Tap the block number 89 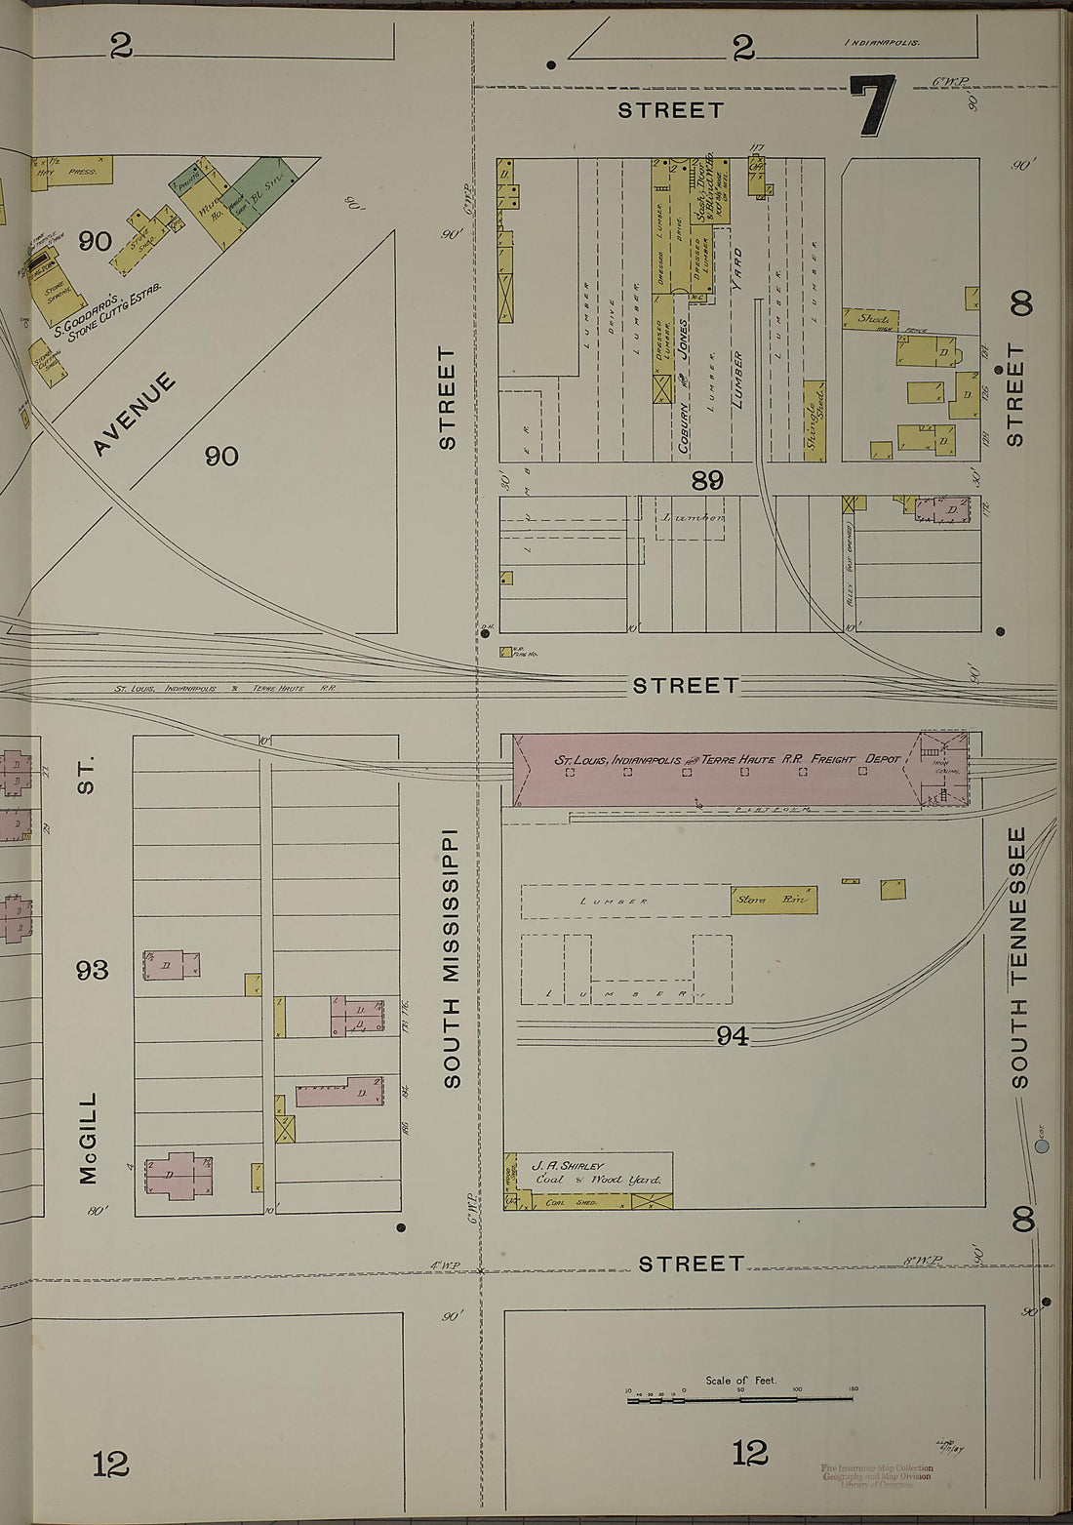707,479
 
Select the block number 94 732,1036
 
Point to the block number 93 94,970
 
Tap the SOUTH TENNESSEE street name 1018,957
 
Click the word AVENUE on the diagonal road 136,414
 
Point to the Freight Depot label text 727,759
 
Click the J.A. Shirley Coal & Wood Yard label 595,1173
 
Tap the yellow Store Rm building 774,900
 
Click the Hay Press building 73,171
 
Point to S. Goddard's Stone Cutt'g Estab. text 107,312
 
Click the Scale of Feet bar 741,1400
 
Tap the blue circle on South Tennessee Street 1041,1146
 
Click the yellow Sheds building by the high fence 870,319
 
